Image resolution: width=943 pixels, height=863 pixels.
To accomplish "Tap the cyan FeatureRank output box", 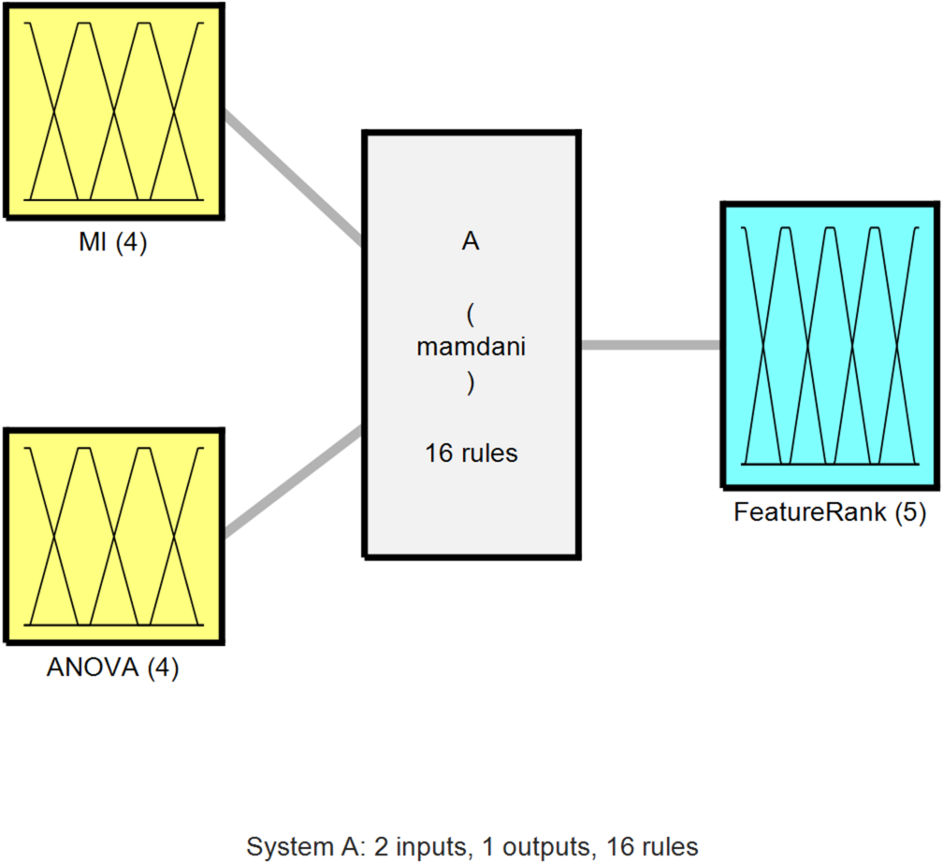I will [830, 345].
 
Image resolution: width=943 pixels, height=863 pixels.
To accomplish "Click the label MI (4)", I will [112, 246].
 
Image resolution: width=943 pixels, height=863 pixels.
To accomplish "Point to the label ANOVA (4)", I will [112, 669].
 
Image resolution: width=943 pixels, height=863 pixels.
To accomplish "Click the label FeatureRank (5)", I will [830, 512].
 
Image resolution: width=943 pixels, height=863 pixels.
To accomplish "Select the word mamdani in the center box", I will [471, 347].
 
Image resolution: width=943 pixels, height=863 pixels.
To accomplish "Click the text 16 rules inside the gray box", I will [471, 454].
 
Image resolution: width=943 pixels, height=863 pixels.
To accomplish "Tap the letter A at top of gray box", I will [471, 241].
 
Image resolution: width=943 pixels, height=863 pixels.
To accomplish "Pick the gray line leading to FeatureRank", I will [650, 345].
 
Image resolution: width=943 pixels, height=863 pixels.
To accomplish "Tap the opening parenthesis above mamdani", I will [470, 309].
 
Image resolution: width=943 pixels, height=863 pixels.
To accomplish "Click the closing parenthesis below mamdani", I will [470, 383].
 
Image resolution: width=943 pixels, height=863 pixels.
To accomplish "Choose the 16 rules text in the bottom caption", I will [652, 847].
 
